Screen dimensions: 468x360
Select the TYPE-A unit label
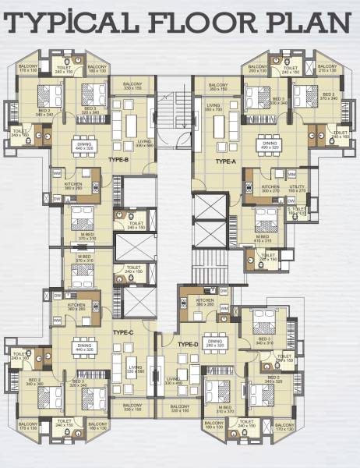(225, 161)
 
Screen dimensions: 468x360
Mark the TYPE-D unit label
(188, 344)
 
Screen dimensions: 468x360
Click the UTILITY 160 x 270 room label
(297, 189)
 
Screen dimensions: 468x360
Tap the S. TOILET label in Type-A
(296, 210)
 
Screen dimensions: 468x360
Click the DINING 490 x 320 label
(270, 145)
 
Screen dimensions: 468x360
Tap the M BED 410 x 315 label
(263, 239)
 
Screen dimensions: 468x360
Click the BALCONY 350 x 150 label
(218, 87)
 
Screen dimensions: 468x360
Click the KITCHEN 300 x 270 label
(270, 189)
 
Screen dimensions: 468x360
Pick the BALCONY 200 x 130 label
(256, 69)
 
